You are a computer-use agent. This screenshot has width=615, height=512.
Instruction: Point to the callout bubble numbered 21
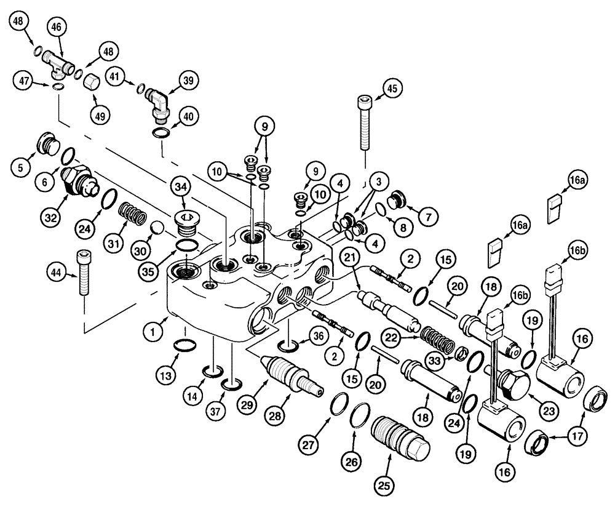(351, 258)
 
